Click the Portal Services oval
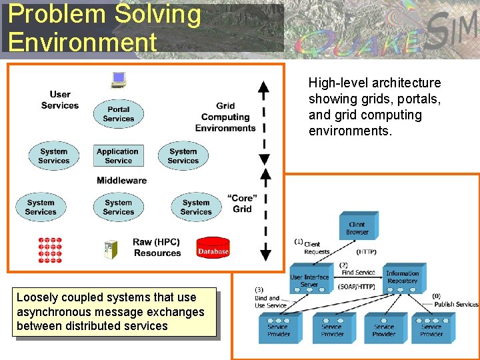click(118, 114)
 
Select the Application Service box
click(118, 156)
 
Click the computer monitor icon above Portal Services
click(119, 79)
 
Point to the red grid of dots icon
click(50, 249)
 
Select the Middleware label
click(121, 180)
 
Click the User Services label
click(60, 100)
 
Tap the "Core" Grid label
click(242, 203)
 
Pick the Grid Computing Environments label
click(225, 117)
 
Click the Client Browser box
click(357, 227)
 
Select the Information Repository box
click(402, 277)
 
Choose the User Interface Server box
click(309, 281)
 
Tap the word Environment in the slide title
click(83, 42)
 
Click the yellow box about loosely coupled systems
click(110, 311)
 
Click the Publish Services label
click(456, 304)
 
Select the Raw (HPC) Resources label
click(157, 247)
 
